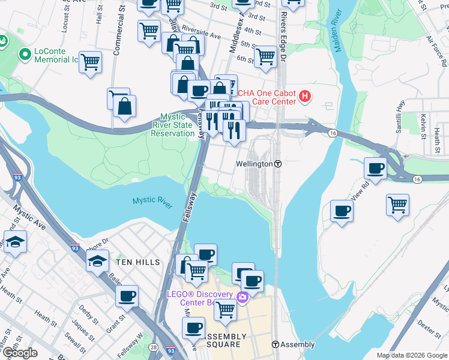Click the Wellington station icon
tap(279, 164)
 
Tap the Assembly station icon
tap(276, 344)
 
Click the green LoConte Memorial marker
tap(25, 55)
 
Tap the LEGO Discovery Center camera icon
tap(242, 297)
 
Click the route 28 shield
tap(154, 347)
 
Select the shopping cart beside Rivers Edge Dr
tap(265, 57)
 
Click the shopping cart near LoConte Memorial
tap(90, 61)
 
